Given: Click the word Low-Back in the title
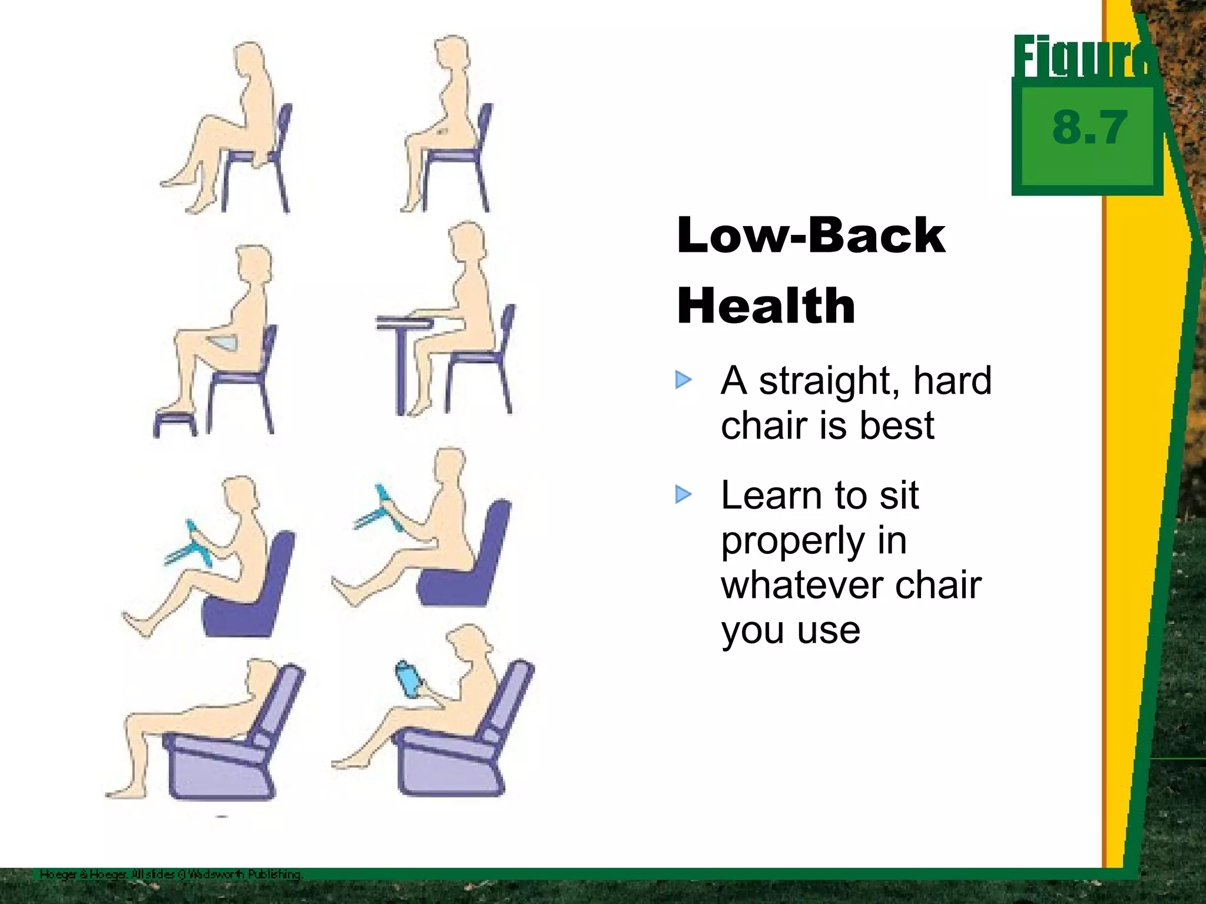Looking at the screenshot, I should point(811,235).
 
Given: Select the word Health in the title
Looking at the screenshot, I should point(766,306).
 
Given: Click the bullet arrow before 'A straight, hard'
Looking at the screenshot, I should point(684,380).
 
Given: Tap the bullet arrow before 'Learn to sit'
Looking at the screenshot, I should point(684,494).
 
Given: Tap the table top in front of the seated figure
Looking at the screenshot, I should point(405,323).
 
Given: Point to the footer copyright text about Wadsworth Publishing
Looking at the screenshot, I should point(171,875).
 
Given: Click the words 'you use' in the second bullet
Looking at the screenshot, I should point(790,631).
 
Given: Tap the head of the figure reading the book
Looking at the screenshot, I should point(468,644).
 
